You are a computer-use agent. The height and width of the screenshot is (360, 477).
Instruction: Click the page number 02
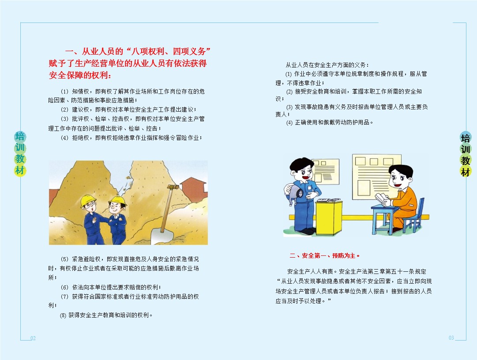(x=33, y=338)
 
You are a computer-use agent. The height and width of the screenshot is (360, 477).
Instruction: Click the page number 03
(x=451, y=338)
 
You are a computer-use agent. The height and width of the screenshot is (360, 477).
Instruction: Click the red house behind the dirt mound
(x=194, y=187)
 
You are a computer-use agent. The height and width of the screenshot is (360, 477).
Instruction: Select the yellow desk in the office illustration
(x=328, y=217)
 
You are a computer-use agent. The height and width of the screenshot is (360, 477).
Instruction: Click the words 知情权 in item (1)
(x=82, y=91)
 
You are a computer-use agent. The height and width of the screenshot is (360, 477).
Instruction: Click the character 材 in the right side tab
(x=466, y=172)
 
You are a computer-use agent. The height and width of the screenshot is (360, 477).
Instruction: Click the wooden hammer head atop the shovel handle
(x=169, y=187)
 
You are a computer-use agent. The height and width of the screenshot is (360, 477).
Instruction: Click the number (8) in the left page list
(x=63, y=315)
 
